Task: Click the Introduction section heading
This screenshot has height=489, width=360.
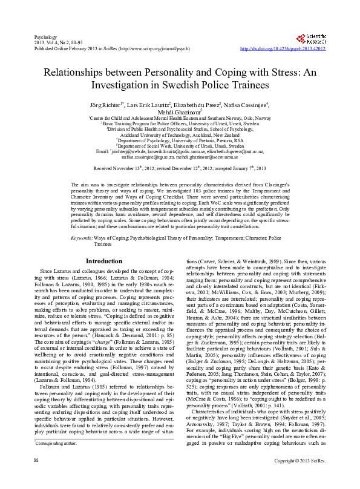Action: [x=104, y=261]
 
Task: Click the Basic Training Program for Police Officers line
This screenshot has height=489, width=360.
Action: [x=180, y=123]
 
